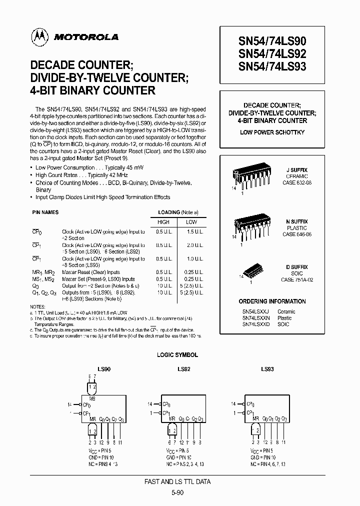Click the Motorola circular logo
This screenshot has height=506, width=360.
[37, 36]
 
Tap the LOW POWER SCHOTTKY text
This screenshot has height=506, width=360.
[272, 132]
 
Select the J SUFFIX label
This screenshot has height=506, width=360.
[297, 170]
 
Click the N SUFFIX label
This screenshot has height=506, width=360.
[297, 221]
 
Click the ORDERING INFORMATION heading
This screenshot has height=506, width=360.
[272, 301]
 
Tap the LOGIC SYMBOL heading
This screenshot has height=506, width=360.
[178, 354]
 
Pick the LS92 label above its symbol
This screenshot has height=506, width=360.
[184, 369]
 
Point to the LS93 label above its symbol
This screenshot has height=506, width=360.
[267, 369]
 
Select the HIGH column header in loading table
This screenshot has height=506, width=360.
[163, 222]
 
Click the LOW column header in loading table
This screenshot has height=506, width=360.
[191, 222]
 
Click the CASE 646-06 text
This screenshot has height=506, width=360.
[297, 234]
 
